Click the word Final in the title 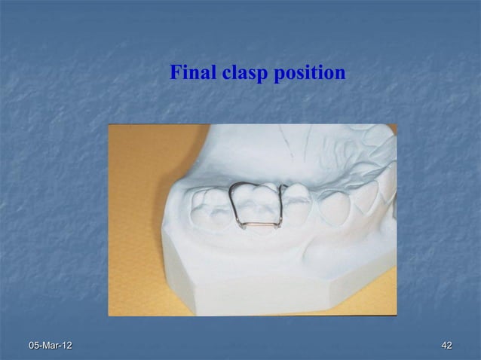190,73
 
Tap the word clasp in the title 239,74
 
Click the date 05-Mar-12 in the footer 51,345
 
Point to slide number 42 446,345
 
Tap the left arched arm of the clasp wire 234,197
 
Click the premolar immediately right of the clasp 298,197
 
